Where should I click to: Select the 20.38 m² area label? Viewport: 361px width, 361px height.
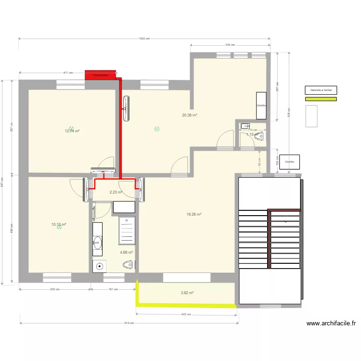[x=189, y=115]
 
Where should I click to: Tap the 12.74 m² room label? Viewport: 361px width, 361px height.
[x=72, y=130]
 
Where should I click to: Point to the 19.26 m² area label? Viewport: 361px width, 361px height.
[x=193, y=215]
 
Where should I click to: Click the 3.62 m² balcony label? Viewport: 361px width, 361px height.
[x=187, y=293]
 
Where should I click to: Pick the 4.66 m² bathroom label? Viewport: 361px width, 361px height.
[x=126, y=252]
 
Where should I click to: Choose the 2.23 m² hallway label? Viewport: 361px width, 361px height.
[x=116, y=192]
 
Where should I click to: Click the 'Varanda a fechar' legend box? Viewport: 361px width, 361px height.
[x=321, y=90]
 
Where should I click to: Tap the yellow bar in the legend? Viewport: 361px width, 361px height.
[x=321, y=99]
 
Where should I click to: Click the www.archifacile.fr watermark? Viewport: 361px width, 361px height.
[x=331, y=324]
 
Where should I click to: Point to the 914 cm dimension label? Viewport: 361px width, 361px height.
[x=129, y=323]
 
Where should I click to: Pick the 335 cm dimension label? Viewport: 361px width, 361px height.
[x=230, y=45]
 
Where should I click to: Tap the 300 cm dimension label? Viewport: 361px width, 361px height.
[x=54, y=289]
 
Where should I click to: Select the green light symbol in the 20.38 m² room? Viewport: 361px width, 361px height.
[x=157, y=129]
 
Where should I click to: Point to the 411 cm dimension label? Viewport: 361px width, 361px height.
[x=68, y=73]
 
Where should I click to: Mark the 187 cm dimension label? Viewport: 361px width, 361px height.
[x=113, y=289]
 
